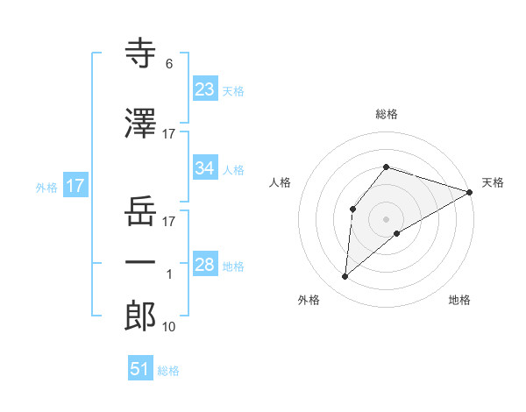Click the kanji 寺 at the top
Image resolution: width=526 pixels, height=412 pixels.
tap(140, 53)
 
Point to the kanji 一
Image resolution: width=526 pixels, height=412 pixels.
tap(140, 261)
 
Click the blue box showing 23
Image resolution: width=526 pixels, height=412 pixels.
tap(205, 89)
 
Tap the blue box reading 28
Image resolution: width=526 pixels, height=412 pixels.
tap(205, 265)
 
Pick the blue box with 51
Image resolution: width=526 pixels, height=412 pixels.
tap(140, 369)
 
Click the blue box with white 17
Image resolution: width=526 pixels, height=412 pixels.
tap(75, 186)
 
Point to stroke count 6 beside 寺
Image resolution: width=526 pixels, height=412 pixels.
tap(168, 64)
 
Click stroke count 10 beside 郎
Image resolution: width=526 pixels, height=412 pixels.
tap(169, 327)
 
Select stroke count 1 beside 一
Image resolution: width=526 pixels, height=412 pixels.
tap(169, 274)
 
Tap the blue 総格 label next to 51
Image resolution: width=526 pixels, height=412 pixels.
tap(168, 371)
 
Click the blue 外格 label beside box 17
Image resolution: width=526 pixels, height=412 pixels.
tap(46, 187)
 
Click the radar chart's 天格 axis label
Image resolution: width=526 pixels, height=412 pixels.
tap(493, 182)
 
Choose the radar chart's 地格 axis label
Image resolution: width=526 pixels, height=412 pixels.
tap(459, 300)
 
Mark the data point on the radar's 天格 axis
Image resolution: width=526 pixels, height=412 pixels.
tap(470, 191)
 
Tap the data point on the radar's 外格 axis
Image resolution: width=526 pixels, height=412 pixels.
tap(345, 277)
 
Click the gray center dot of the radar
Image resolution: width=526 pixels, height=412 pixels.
tap(386, 218)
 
